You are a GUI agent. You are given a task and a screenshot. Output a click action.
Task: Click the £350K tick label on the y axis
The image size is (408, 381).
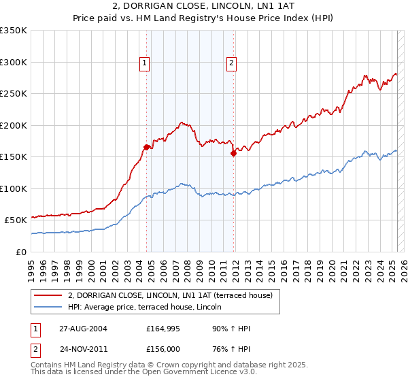tap(14, 31)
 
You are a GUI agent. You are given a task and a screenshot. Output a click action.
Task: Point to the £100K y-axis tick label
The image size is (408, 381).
tap(14, 188)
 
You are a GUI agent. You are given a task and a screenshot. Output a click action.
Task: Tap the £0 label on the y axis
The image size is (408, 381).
tap(22, 252)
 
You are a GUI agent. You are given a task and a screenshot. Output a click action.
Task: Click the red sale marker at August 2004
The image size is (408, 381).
tap(147, 147)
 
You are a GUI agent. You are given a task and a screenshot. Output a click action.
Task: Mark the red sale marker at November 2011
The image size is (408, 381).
tap(233, 153)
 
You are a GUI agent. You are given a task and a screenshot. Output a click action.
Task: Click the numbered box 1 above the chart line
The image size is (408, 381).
tap(145, 63)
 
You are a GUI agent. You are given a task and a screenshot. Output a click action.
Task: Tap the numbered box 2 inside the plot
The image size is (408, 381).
tap(231, 63)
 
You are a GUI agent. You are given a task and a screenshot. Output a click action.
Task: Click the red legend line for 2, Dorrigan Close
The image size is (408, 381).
tap(48, 295)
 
